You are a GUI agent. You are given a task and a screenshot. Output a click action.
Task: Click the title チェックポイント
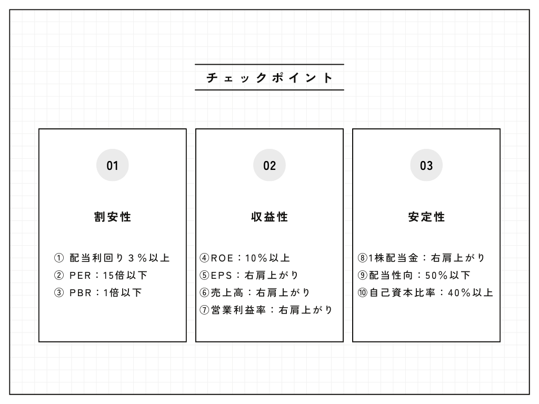(269, 78)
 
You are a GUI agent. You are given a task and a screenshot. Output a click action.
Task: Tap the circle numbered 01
(113, 165)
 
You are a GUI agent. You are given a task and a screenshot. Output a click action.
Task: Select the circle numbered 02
(269, 165)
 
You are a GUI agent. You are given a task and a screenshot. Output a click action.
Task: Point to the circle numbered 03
(426, 165)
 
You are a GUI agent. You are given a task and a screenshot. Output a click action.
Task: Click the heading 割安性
(113, 217)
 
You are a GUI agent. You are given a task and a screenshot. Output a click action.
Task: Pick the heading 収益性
(269, 217)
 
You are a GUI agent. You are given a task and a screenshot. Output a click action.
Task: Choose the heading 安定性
(426, 217)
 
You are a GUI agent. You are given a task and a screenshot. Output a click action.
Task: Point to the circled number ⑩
(362, 292)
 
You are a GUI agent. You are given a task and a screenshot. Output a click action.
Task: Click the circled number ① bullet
(59, 258)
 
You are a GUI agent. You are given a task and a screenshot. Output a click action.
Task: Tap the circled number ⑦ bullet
(204, 310)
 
